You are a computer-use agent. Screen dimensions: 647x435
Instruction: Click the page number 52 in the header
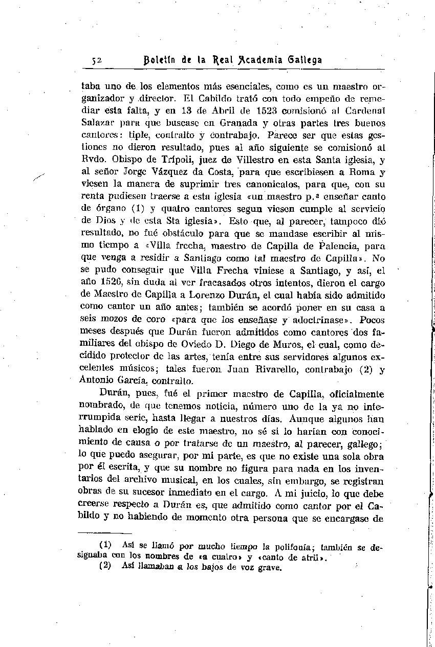97,60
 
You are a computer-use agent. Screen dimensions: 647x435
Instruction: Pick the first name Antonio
98,381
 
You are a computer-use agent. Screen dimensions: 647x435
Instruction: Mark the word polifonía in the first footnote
295,548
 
